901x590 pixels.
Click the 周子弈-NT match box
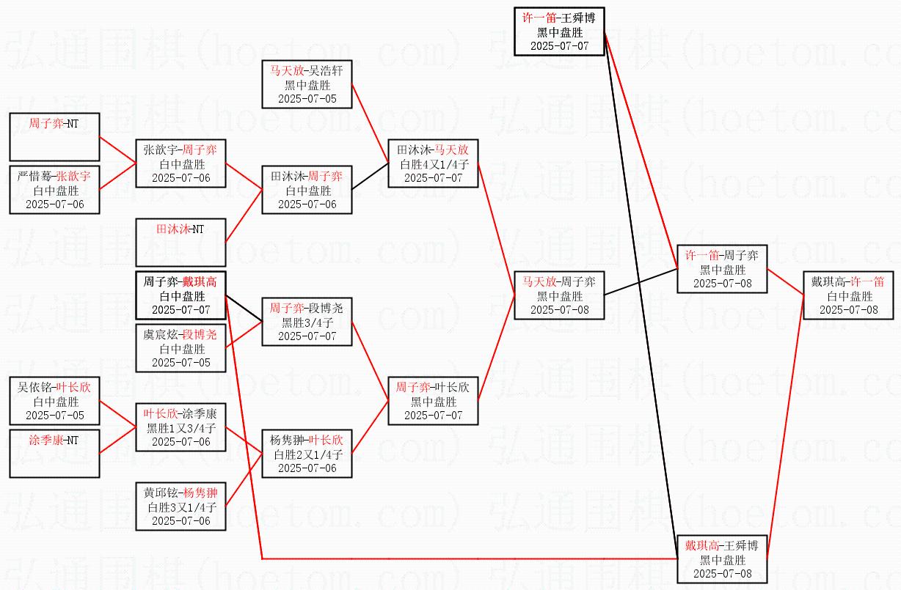click(x=54, y=137)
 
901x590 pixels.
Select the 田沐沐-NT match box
click(x=180, y=242)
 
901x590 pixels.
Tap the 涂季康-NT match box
click(x=54, y=454)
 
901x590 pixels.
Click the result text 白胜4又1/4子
click(x=433, y=163)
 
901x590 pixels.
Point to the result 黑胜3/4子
click(x=307, y=322)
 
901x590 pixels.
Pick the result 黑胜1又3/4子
click(x=180, y=427)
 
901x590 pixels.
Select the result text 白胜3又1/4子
click(x=180, y=506)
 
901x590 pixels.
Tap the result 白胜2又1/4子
click(x=307, y=454)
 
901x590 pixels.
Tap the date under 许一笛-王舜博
click(x=559, y=45)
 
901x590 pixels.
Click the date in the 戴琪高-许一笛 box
click(x=848, y=309)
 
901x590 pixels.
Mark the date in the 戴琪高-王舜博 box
click(x=722, y=573)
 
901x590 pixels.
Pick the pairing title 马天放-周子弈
click(x=559, y=281)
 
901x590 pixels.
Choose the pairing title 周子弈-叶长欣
click(x=433, y=387)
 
